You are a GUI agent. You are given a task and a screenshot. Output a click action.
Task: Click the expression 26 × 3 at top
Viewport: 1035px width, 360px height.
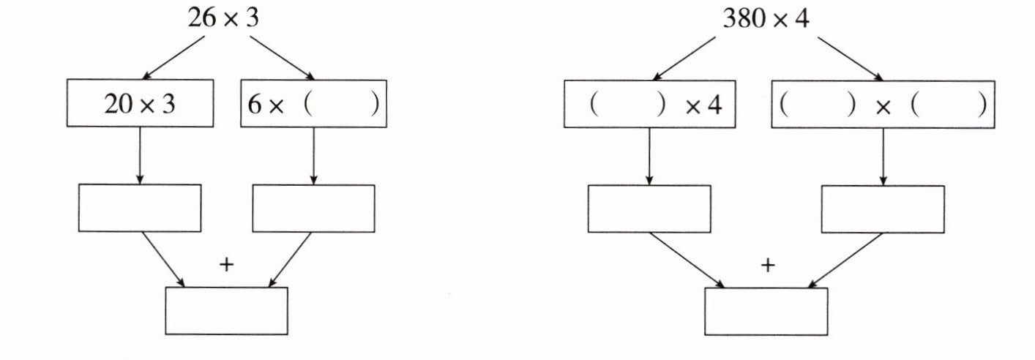coord(223,18)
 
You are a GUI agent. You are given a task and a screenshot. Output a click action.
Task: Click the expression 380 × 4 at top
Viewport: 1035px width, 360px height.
coord(766,18)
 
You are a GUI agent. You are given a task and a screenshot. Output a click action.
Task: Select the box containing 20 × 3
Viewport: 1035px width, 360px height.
coord(140,104)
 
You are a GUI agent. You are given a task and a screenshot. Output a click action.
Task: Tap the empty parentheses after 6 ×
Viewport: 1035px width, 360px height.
coord(341,104)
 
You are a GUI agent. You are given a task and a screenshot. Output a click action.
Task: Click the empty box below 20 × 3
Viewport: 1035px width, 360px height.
coord(139,209)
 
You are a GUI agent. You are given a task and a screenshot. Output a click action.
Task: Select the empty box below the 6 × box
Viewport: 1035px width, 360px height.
coord(313,209)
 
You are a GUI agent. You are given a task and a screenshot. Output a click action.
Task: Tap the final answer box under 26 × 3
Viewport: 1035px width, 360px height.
coord(226,311)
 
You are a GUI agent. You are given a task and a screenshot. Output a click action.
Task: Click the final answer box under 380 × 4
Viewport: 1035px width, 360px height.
coord(766,311)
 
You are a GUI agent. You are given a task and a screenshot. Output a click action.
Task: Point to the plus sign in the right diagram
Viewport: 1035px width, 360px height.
coord(766,266)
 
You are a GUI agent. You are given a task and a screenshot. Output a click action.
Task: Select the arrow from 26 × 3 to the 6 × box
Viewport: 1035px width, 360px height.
coord(282,56)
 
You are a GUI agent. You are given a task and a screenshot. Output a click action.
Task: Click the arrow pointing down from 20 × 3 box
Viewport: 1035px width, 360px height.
coord(139,155)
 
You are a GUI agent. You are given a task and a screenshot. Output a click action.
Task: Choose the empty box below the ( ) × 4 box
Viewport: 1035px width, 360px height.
coord(649,209)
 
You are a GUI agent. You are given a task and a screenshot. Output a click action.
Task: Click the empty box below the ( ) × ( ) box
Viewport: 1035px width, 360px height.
coord(882,209)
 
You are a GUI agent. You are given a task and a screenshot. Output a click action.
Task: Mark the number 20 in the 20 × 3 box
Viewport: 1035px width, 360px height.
coord(116,105)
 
